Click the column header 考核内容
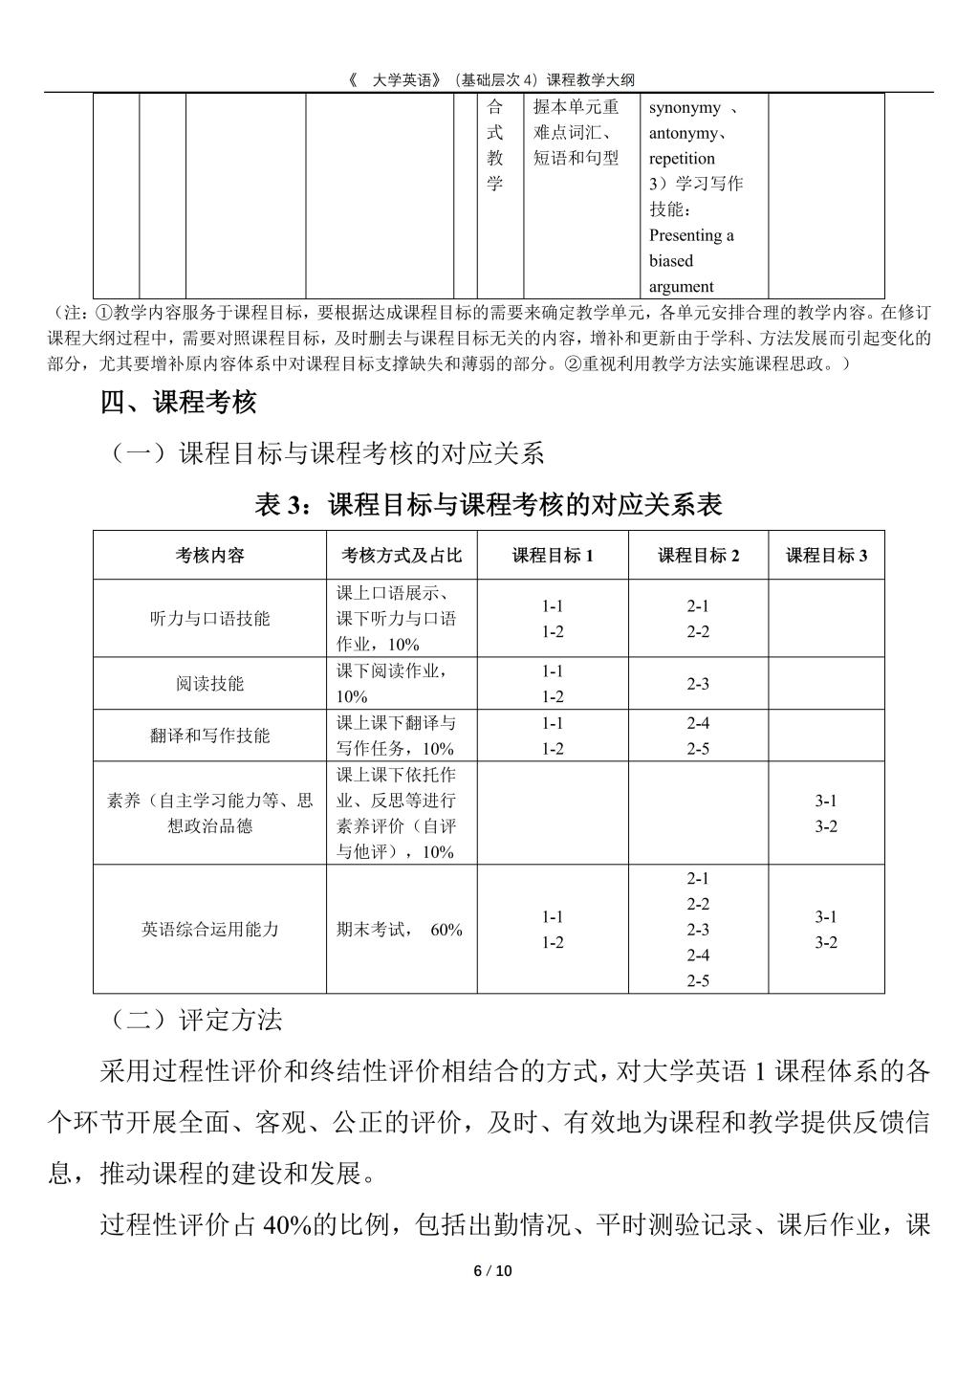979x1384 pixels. click(209, 555)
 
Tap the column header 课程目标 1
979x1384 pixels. click(553, 555)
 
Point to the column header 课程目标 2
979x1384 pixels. click(698, 555)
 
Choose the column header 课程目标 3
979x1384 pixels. click(826, 555)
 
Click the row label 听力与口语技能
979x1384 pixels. click(209, 618)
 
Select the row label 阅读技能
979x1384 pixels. click(209, 683)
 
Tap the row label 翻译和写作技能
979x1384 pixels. click(209, 735)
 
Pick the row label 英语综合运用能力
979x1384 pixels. click(209, 929)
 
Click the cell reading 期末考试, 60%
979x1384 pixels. click(400, 929)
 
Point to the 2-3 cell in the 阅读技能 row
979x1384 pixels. click(698, 683)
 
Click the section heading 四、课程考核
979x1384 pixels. click(179, 403)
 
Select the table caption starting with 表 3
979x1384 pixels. click(489, 504)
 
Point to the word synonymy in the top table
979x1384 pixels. click(685, 107)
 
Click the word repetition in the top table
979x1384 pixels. click(682, 158)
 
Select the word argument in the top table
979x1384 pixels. click(681, 286)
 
